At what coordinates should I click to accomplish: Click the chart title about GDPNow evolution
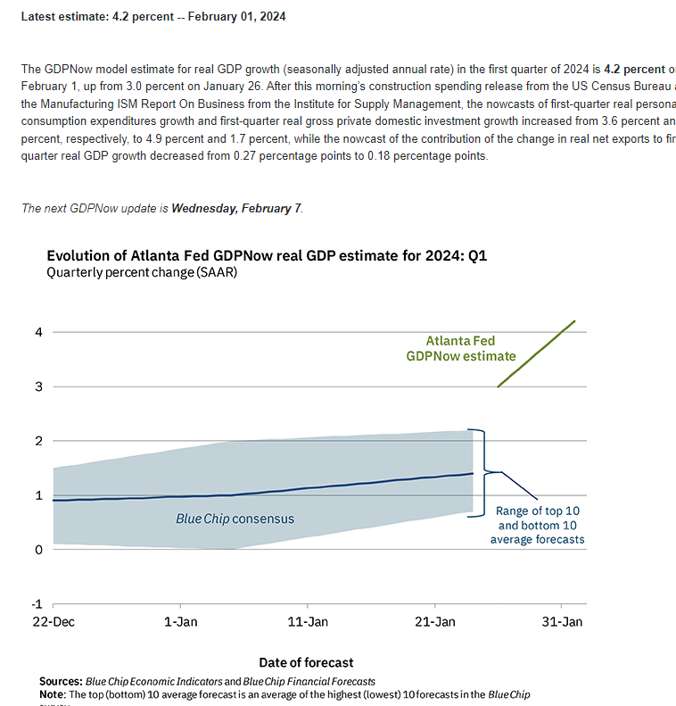pyautogui.click(x=267, y=256)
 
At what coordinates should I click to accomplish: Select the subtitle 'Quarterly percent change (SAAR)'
pyautogui.click(x=142, y=273)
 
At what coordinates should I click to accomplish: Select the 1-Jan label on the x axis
pyautogui.click(x=181, y=621)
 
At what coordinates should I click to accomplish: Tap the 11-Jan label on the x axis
pyautogui.click(x=308, y=621)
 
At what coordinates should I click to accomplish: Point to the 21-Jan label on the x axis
pyautogui.click(x=435, y=621)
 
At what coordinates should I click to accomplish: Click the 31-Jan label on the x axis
pyautogui.click(x=563, y=621)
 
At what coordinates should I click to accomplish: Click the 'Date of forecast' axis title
pyautogui.click(x=306, y=662)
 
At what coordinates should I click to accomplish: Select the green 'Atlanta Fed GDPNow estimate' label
pyautogui.click(x=460, y=348)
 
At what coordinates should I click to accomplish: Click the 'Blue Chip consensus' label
pyautogui.click(x=235, y=518)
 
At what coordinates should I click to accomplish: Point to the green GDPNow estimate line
pyautogui.click(x=535, y=354)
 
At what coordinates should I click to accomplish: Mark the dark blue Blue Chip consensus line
pyautogui.click(x=268, y=492)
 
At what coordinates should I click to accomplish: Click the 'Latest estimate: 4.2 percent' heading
pyautogui.click(x=153, y=16)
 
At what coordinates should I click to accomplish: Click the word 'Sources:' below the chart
pyautogui.click(x=61, y=682)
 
